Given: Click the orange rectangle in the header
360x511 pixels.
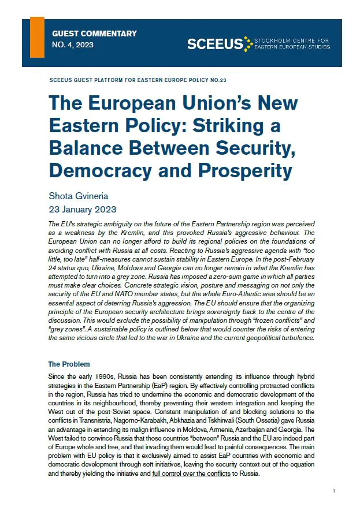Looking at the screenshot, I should coord(37,38).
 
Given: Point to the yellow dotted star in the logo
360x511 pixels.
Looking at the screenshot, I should coord(248,43).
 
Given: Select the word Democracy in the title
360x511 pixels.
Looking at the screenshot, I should coord(106,171).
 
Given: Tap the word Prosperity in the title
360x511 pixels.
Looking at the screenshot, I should coord(240,171).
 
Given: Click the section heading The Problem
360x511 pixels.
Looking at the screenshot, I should coord(69,364).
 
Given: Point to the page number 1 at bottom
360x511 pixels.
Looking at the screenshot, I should coord(334,491).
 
